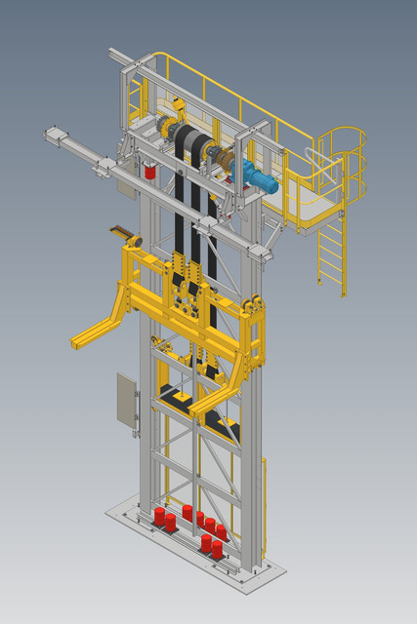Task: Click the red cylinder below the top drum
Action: click(150, 173)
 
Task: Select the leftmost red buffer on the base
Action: click(159, 517)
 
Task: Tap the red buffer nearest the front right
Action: click(217, 549)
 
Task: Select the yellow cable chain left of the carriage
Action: click(124, 235)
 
